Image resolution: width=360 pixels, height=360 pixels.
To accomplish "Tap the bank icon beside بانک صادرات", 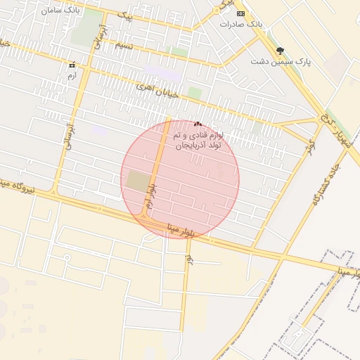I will [241, 13].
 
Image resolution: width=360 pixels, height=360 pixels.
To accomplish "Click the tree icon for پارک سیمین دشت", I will [281, 51].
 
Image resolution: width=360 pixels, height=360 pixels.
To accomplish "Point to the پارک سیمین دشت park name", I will [281, 62].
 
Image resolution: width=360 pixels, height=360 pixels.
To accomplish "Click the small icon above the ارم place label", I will [71, 65].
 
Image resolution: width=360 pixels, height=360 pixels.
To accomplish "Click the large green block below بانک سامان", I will [89, 26].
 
